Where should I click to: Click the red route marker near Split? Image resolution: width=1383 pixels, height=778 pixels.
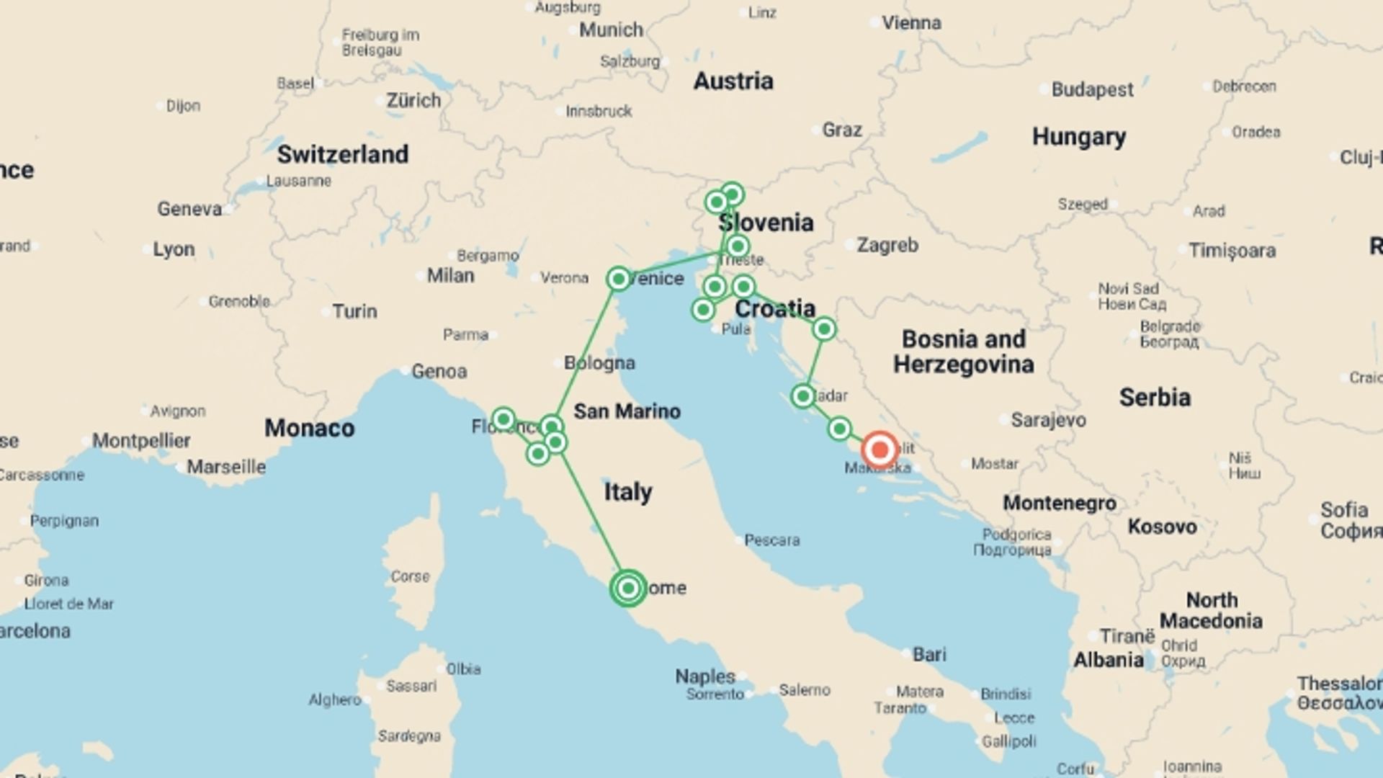click(879, 450)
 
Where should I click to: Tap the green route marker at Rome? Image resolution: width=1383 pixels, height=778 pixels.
click(628, 588)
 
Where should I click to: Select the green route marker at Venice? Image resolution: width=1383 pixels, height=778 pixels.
click(618, 278)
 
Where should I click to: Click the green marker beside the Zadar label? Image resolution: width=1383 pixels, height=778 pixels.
click(802, 395)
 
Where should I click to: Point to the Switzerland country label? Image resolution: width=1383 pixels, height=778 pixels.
click(342, 154)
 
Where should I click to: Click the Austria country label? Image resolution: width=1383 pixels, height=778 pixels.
click(733, 81)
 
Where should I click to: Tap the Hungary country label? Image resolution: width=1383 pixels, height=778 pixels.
click(1078, 136)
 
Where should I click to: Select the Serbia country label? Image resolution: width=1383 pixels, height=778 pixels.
click(1155, 397)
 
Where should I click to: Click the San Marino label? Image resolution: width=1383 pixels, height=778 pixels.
click(627, 411)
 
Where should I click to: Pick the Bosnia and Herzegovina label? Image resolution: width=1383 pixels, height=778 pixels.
click(963, 352)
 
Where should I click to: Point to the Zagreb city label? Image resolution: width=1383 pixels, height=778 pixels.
click(887, 246)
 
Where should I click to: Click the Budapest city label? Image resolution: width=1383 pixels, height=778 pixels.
click(1092, 90)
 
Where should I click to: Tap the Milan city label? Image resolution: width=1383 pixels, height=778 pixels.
click(450, 275)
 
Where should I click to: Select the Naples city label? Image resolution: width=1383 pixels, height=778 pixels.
click(704, 676)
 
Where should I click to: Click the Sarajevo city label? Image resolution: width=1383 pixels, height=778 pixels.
click(1048, 420)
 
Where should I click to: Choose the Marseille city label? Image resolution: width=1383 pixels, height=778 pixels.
click(225, 467)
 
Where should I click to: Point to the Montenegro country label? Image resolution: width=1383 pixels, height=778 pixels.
click(1059, 503)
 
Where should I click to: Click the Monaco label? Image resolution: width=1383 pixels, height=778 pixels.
click(309, 428)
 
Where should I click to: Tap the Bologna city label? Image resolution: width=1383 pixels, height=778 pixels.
click(599, 363)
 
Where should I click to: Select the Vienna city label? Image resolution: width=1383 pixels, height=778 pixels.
click(911, 23)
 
